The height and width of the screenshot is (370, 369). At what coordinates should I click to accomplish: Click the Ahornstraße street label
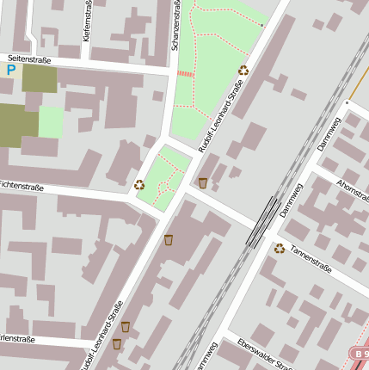click(x=352, y=194)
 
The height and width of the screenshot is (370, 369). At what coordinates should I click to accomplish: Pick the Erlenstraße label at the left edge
click(x=17, y=339)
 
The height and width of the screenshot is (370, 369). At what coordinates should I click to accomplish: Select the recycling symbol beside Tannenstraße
click(x=280, y=249)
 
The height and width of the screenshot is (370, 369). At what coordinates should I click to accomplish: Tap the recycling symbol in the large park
click(x=243, y=71)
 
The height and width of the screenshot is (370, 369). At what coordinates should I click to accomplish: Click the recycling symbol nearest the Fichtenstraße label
click(x=139, y=184)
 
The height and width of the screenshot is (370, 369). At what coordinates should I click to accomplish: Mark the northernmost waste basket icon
click(x=202, y=182)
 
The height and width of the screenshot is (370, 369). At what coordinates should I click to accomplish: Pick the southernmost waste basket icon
click(x=117, y=344)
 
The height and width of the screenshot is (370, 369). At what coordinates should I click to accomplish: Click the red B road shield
click(x=359, y=353)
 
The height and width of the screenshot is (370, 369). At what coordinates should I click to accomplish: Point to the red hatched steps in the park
click(x=185, y=74)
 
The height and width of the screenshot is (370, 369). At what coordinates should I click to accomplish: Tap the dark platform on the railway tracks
click(x=263, y=222)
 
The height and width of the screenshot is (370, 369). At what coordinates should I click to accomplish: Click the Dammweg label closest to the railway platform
click(x=292, y=200)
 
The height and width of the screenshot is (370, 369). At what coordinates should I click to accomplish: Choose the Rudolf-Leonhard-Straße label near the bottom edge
click(x=103, y=336)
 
